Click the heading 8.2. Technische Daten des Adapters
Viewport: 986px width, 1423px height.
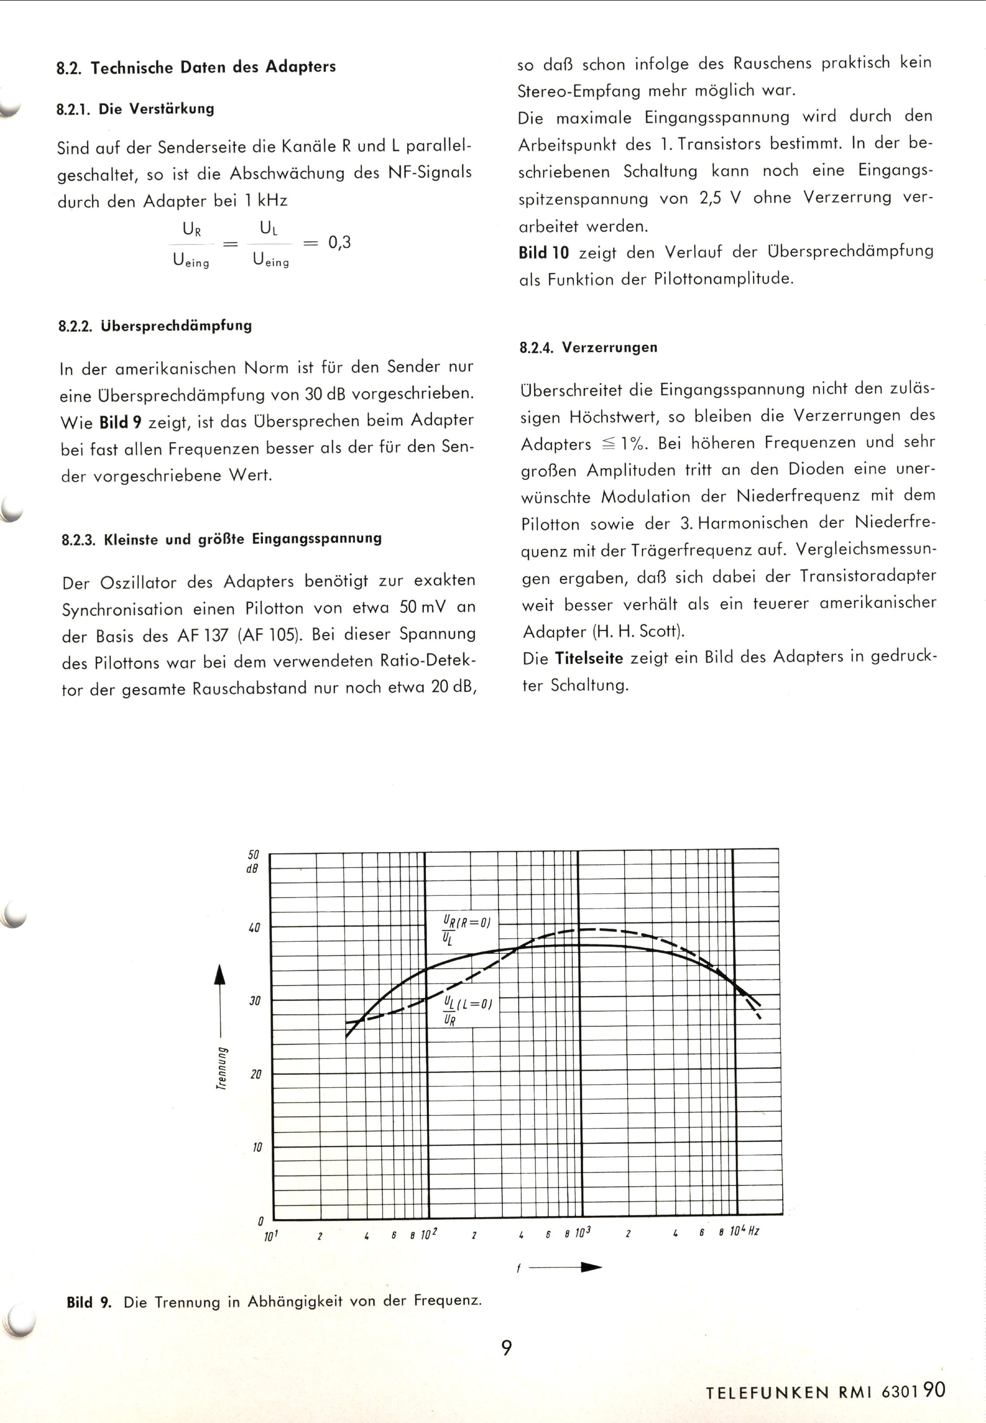(196, 67)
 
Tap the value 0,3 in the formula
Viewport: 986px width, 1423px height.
(339, 242)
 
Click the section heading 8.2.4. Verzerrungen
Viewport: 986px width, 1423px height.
(588, 347)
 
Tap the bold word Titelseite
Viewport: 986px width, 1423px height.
(589, 658)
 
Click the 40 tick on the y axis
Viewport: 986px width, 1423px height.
(255, 927)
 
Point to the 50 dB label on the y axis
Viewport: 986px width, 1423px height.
(253, 861)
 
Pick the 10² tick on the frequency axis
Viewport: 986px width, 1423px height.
(429, 1234)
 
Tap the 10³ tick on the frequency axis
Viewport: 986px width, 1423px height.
(583, 1232)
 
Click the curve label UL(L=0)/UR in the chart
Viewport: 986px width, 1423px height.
(467, 1010)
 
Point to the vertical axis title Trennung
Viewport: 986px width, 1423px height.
(221, 1068)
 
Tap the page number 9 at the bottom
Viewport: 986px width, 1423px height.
(506, 1348)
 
